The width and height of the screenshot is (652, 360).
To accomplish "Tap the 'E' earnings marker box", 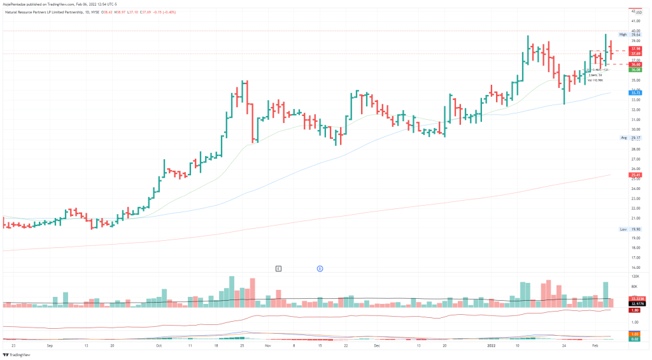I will pos(278,269).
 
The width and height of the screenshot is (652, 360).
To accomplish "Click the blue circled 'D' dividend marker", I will pos(320,269).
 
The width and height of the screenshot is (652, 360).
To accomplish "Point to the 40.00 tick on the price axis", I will pos(635,31).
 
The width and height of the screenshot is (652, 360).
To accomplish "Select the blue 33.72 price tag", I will pos(635,93).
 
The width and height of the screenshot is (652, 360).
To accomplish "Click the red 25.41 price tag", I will pos(635,175).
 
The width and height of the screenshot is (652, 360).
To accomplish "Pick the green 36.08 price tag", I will pos(635,69).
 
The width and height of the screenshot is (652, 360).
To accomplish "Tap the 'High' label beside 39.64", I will pos(623,34).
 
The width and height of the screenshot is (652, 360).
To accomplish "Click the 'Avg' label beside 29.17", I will pos(624,138).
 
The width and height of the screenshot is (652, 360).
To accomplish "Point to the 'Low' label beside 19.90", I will pos(624,229).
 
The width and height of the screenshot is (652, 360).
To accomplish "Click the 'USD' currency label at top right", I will pos(637,6).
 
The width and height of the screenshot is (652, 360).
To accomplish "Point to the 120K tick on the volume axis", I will pos(635,276).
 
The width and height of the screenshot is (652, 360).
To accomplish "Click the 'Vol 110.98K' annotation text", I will pos(595,80).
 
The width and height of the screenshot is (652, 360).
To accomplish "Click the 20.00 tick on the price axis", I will pos(635,227).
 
